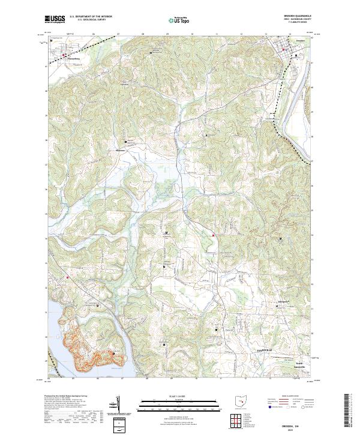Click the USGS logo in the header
click(55, 19)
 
